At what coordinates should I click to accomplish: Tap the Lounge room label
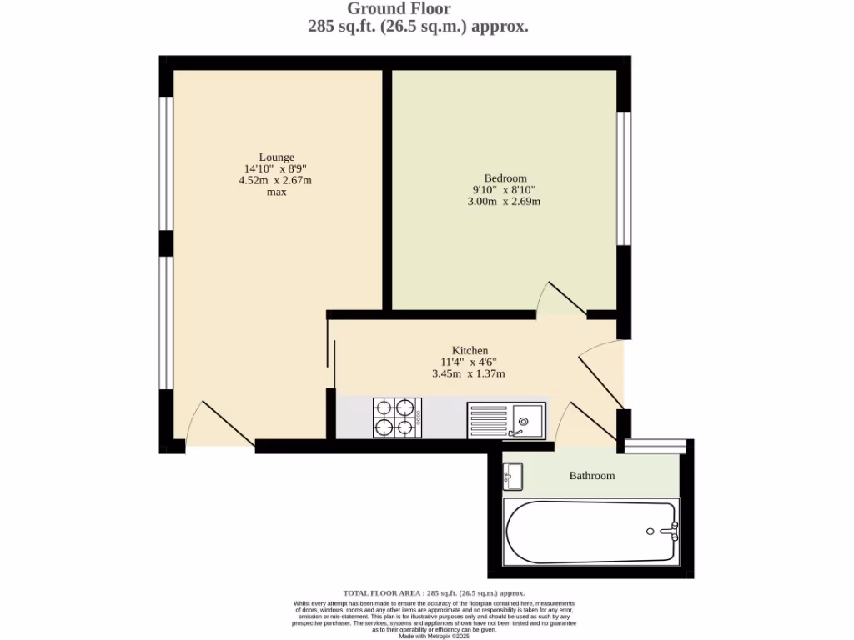point(276,157)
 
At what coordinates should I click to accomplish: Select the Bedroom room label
point(505,178)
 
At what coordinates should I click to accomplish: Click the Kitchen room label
point(470,350)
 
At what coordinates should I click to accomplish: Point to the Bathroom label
point(591,476)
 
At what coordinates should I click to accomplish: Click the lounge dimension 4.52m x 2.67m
point(276,180)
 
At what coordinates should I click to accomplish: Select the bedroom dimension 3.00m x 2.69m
point(505,202)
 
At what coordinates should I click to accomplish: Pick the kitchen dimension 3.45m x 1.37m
point(469,374)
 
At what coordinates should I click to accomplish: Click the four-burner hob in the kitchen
point(397,417)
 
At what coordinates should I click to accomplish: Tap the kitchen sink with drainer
point(506,419)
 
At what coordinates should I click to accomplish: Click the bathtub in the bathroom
point(590,531)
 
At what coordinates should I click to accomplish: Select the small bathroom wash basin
point(512,476)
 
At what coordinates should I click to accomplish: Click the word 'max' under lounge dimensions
point(276,192)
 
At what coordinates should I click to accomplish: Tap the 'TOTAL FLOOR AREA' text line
point(434,593)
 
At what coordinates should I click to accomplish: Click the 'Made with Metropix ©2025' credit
point(434,636)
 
